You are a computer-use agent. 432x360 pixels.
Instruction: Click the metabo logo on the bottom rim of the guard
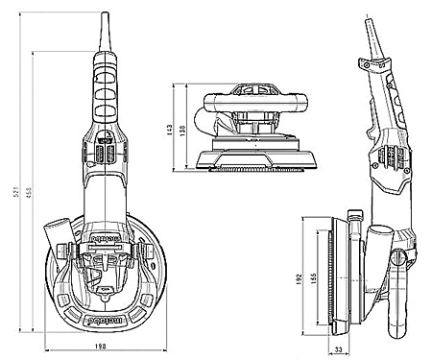tap(105, 312)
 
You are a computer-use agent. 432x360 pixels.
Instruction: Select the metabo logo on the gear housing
tap(105, 233)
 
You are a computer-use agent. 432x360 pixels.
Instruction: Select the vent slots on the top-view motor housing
tap(105, 154)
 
